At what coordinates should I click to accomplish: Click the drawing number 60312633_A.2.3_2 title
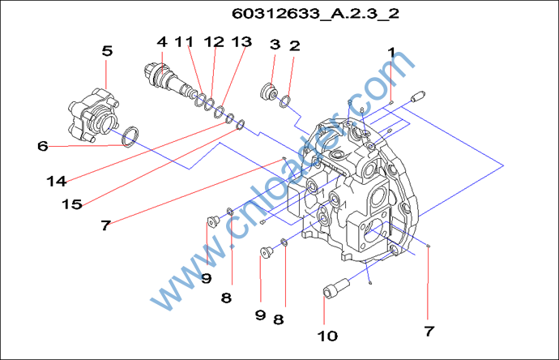click(x=315, y=15)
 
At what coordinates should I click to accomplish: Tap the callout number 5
click(x=107, y=50)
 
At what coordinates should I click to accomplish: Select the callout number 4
click(x=162, y=41)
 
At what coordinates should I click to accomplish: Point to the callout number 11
click(x=186, y=41)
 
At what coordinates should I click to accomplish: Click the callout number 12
click(x=214, y=41)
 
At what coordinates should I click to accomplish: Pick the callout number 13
click(x=241, y=41)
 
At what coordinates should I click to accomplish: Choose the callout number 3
click(x=275, y=45)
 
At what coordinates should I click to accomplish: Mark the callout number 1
click(x=392, y=53)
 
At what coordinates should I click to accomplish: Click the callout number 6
click(x=42, y=146)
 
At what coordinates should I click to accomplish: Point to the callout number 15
click(x=72, y=204)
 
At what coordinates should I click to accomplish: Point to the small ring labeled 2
click(x=284, y=101)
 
